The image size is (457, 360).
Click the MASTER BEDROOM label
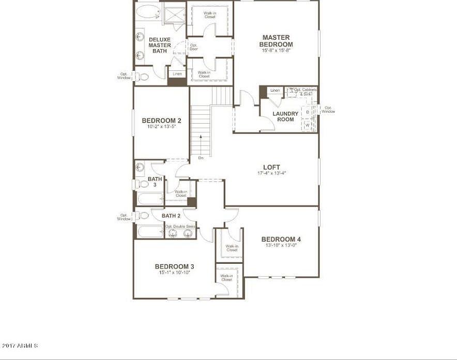[x=276, y=41]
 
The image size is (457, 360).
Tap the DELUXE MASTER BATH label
[x=160, y=45]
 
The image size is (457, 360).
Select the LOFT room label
[x=271, y=167]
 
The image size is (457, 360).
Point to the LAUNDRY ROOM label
[x=285, y=116]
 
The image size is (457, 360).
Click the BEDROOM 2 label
[x=161, y=121]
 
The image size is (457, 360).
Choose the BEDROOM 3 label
[x=174, y=266]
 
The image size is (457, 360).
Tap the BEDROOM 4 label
[x=281, y=239]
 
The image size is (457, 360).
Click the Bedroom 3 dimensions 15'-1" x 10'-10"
[x=174, y=273]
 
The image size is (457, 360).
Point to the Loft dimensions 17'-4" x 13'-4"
[x=271, y=173]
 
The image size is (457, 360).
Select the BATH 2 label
[x=171, y=216]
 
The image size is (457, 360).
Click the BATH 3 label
[x=155, y=182]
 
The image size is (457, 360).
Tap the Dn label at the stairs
[x=201, y=158]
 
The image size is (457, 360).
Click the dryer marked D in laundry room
[x=308, y=112]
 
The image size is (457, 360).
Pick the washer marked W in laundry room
[x=308, y=125]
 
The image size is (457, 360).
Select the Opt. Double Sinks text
[x=180, y=227]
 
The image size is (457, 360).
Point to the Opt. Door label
[x=194, y=47]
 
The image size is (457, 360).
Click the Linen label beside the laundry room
[x=275, y=91]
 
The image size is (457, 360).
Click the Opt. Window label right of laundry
[x=328, y=110]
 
